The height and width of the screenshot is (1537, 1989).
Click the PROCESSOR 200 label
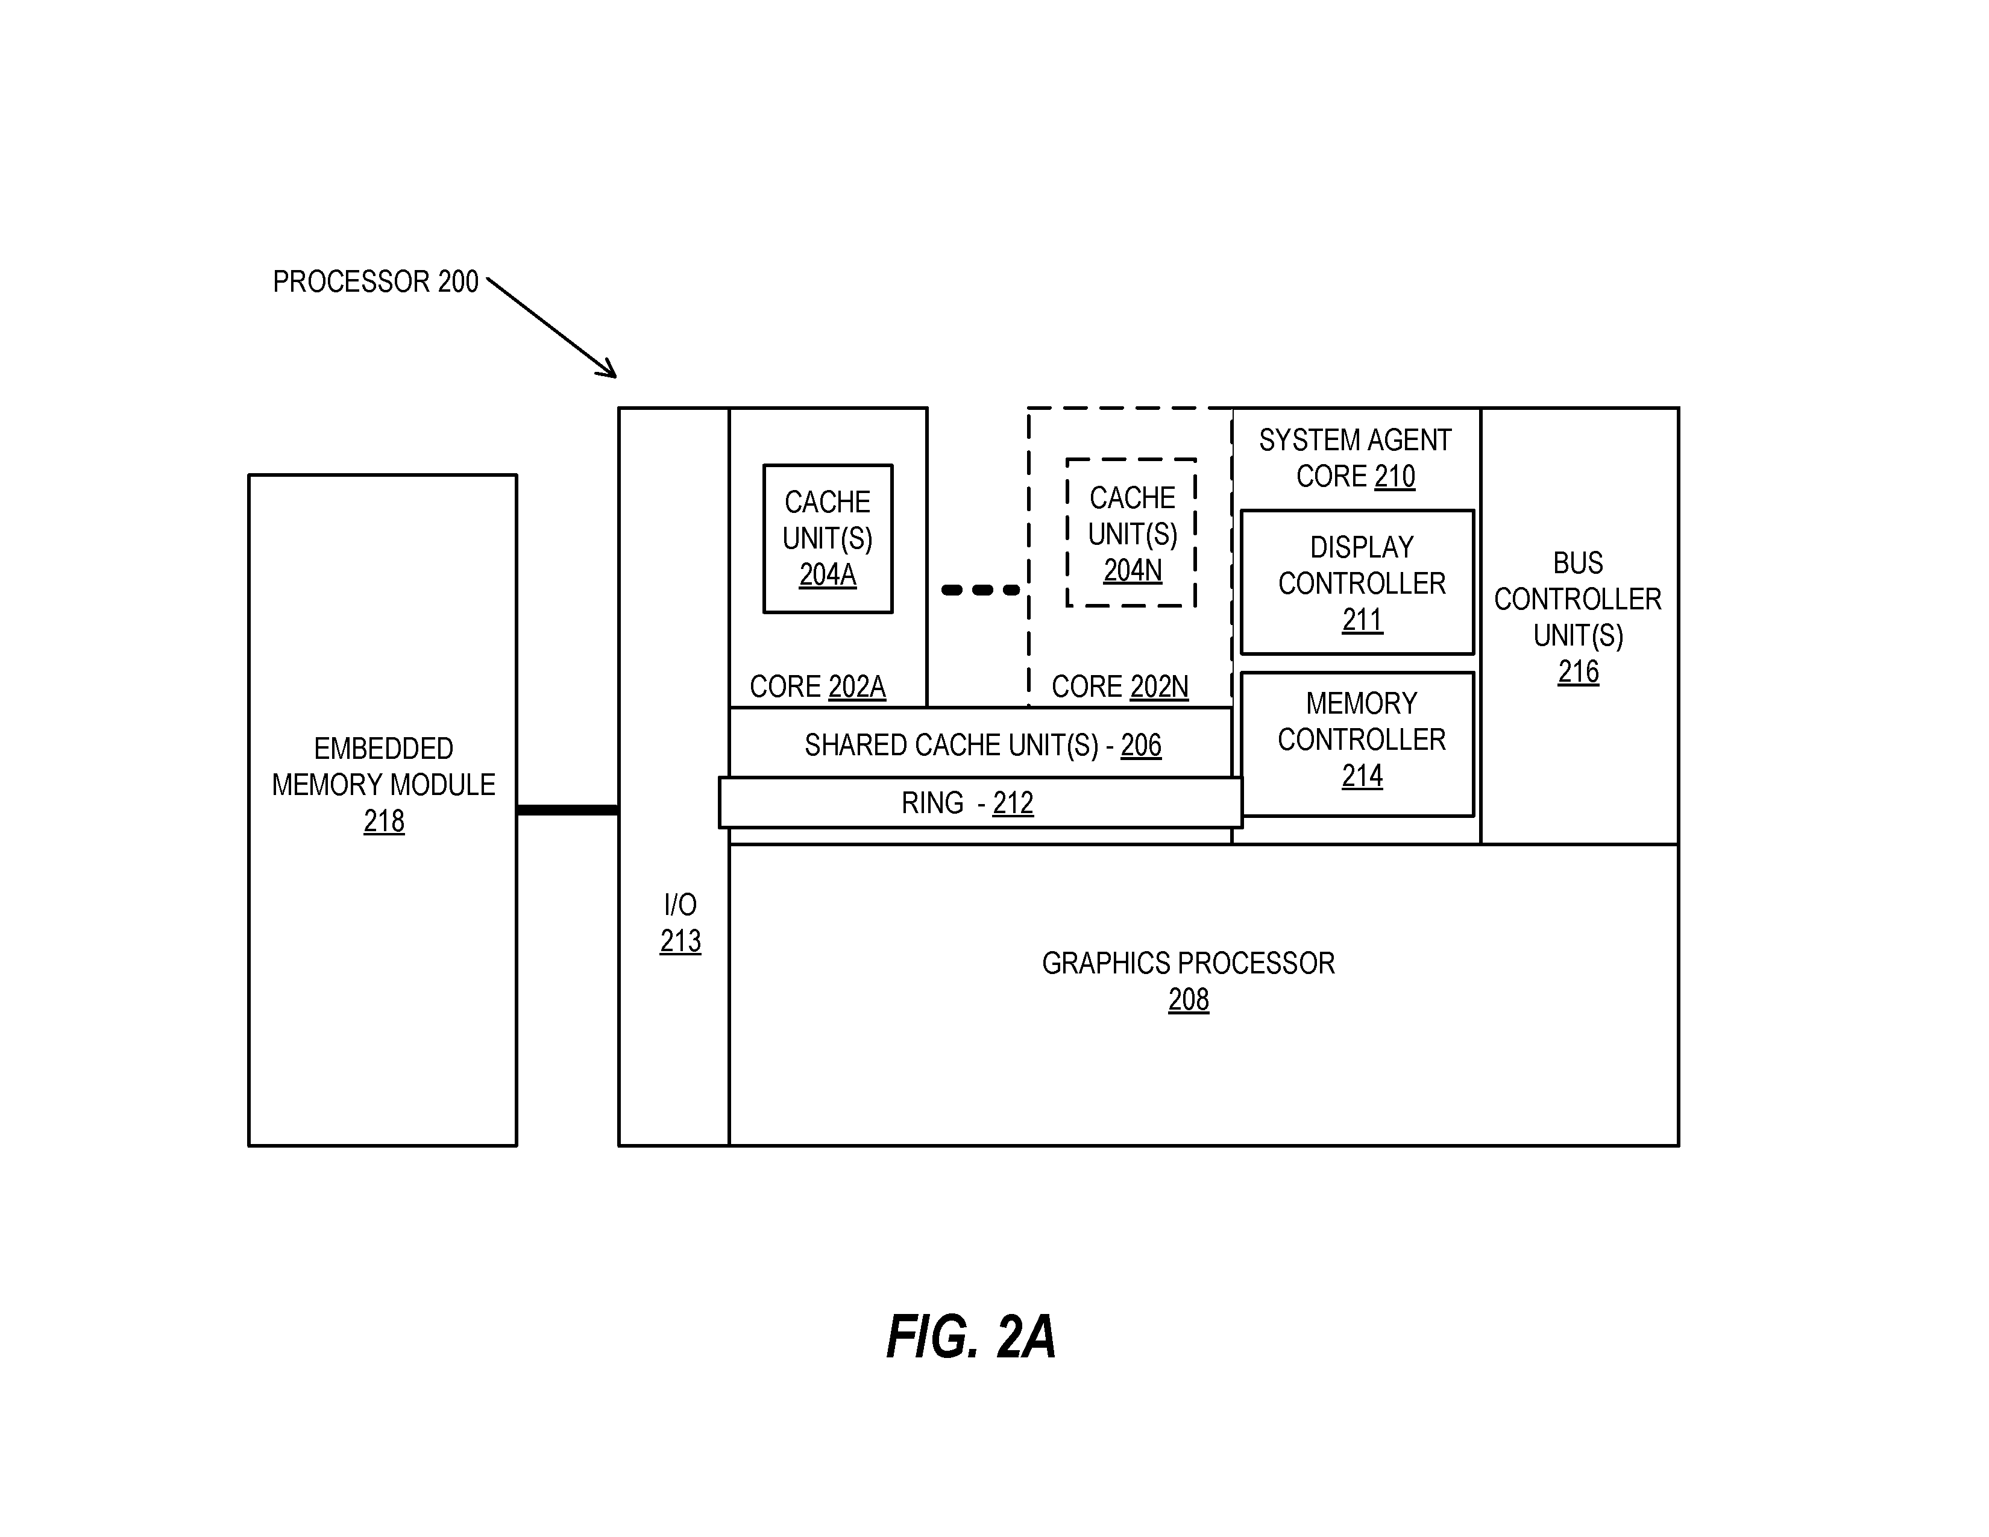[375, 281]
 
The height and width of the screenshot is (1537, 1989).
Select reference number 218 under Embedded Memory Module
[383, 822]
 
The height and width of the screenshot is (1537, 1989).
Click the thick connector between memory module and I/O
[567, 809]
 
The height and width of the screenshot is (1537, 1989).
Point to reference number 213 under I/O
[680, 941]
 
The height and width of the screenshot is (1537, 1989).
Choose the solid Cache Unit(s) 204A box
[828, 539]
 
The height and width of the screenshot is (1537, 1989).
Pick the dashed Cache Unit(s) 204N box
[1131, 533]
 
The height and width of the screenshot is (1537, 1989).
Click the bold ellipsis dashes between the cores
[981, 590]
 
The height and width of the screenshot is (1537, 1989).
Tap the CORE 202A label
[817, 687]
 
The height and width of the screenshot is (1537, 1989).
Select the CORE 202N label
[1119, 687]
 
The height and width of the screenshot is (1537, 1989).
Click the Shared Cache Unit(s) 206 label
[982, 746]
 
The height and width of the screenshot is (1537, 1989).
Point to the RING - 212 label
[967, 803]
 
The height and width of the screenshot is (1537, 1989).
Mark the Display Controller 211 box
[1357, 582]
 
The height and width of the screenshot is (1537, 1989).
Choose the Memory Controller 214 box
[1357, 744]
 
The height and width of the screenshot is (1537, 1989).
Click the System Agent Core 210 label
[1355, 458]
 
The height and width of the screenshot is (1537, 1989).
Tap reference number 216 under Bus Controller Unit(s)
[1579, 672]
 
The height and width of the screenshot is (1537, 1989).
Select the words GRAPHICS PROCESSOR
[1189, 963]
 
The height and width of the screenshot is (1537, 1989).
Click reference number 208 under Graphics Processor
[1189, 1000]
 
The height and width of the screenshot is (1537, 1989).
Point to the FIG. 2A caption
[971, 1337]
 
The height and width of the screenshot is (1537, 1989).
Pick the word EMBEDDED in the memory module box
[383, 749]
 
